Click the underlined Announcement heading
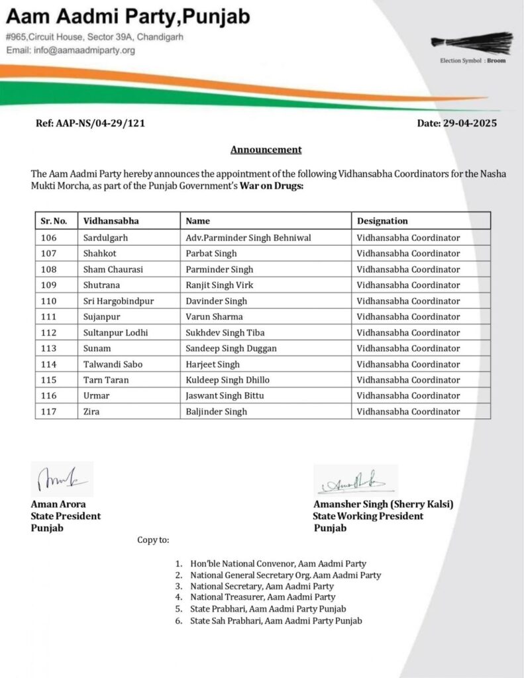pyautogui.click(x=266, y=150)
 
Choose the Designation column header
pyautogui.click(x=382, y=220)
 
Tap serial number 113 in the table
pyautogui.click(x=49, y=348)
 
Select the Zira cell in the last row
pyautogui.click(x=92, y=412)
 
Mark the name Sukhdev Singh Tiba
pyautogui.click(x=223, y=332)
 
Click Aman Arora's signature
pyautogui.click(x=62, y=479)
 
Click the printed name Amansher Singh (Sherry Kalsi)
pyautogui.click(x=384, y=505)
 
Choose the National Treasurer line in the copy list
pyautogui.click(x=262, y=597)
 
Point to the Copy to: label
pyautogui.click(x=153, y=540)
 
